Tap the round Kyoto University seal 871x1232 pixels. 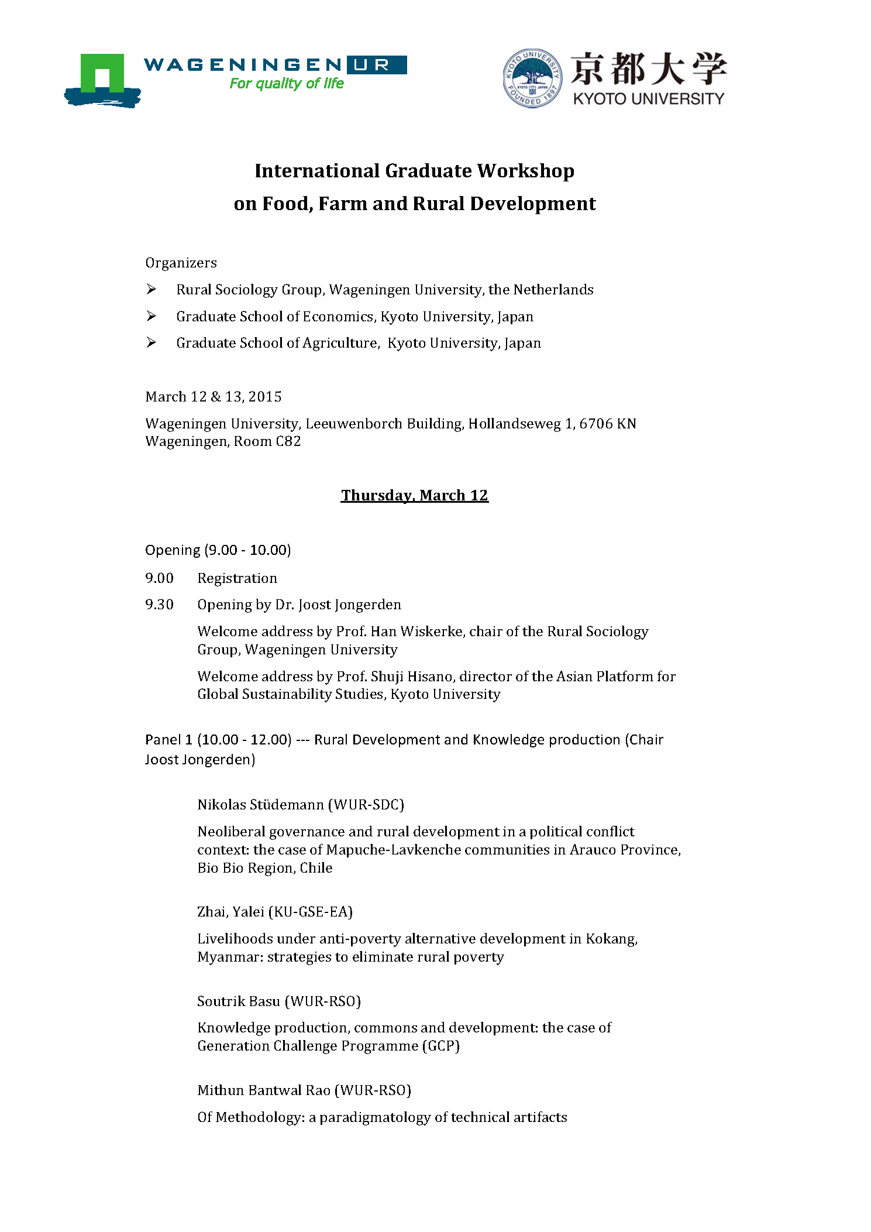[x=532, y=78]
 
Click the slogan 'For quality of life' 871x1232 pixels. [x=287, y=84]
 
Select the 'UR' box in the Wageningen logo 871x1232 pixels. [x=377, y=65]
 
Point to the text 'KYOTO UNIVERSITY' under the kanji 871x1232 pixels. [x=648, y=99]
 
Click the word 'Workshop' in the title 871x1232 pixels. [x=525, y=171]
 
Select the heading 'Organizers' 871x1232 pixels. [x=181, y=263]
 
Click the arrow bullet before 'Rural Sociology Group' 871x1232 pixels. [x=152, y=289]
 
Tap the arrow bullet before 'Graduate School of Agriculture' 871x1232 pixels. [x=152, y=342]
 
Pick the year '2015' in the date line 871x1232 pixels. [x=265, y=397]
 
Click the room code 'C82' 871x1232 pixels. [x=288, y=441]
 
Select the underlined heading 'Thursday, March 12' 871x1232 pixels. [x=414, y=495]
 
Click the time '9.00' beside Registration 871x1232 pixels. [x=159, y=578]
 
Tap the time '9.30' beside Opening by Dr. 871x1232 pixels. [x=159, y=605]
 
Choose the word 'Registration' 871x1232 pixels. [x=237, y=578]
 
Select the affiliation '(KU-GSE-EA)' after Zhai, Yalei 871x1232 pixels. [x=310, y=912]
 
